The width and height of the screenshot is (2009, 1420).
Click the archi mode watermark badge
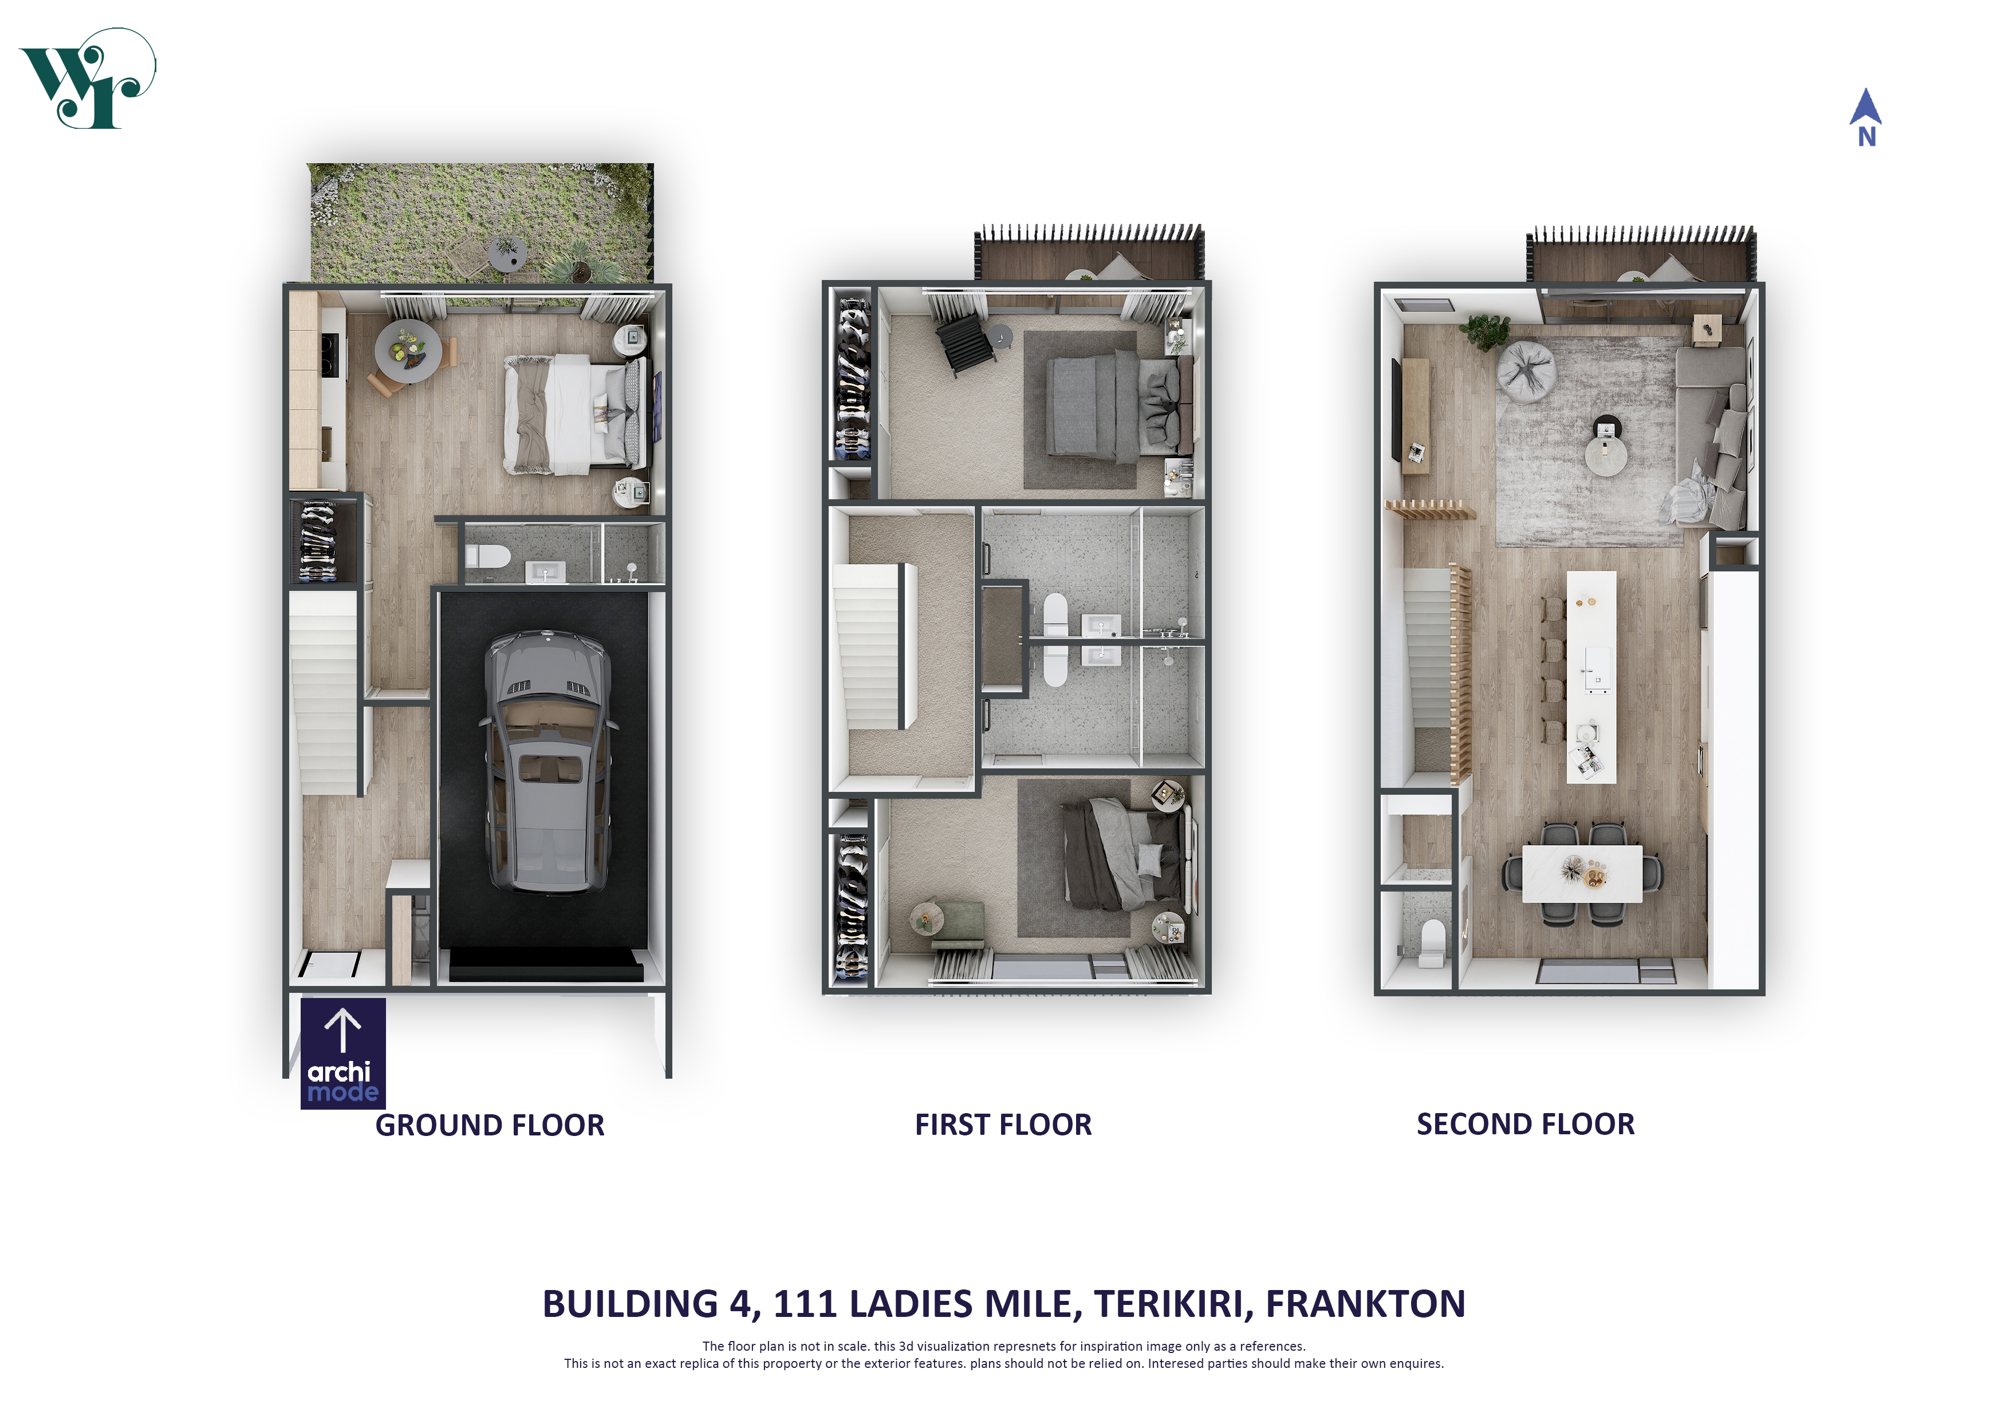click(343, 1054)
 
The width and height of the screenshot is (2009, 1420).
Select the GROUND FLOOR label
click(490, 1125)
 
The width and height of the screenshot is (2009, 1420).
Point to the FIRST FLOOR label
click(1003, 1125)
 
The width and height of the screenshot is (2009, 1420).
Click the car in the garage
click(547, 761)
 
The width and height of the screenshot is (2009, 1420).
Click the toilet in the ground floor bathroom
click(487, 555)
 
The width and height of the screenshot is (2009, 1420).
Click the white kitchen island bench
click(1591, 677)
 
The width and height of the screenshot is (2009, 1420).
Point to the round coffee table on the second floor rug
click(1606, 456)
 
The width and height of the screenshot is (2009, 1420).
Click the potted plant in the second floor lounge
click(1486, 331)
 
